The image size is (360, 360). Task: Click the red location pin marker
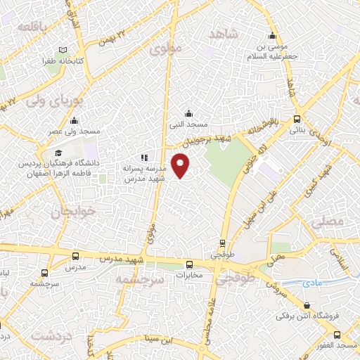[x=181, y=165]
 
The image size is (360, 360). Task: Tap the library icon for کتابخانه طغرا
[x=63, y=50]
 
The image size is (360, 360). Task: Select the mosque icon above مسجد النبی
[x=188, y=113]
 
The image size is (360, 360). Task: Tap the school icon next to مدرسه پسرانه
[x=144, y=158]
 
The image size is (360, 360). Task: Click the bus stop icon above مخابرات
[x=189, y=264]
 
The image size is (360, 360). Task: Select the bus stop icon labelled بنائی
[x=297, y=120]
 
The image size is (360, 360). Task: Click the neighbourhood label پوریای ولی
[x=54, y=100]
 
